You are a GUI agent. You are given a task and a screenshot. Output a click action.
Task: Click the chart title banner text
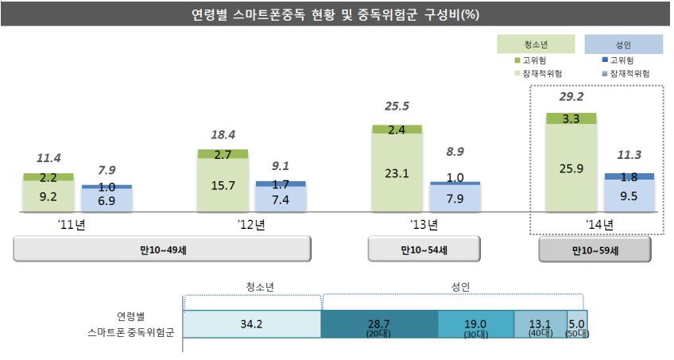(336, 14)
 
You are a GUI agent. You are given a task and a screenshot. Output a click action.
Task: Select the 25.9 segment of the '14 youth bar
(572, 168)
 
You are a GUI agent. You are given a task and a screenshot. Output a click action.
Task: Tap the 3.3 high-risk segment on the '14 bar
(572, 119)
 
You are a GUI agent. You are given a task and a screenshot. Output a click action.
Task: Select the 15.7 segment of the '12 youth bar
(222, 185)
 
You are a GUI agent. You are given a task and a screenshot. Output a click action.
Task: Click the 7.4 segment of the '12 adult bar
(281, 199)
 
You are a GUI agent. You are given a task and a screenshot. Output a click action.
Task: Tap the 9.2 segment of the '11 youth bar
(48, 196)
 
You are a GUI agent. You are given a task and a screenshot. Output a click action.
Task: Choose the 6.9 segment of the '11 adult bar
(107, 200)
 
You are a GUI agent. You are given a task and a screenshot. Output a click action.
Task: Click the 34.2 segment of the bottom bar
(252, 324)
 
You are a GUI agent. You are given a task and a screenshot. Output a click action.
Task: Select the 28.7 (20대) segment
(379, 324)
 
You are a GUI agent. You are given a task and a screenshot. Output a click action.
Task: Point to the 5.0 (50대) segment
(578, 324)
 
